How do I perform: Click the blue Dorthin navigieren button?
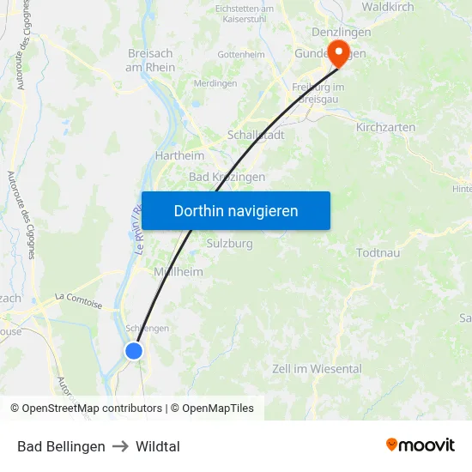pyautogui.click(x=236, y=210)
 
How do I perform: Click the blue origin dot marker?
pyautogui.click(x=133, y=350)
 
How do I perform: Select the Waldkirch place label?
pyautogui.click(x=387, y=8)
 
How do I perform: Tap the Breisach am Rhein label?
pyautogui.click(x=150, y=60)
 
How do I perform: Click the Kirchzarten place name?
pyautogui.click(x=385, y=127)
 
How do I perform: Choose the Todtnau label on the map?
pyautogui.click(x=378, y=252)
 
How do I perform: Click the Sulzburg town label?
pyautogui.click(x=229, y=244)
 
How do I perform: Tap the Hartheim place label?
pyautogui.click(x=179, y=155)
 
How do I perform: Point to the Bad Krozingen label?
pyautogui.click(x=227, y=177)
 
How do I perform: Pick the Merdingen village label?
pyautogui.click(x=215, y=83)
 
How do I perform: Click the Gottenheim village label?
pyautogui.click(x=241, y=54)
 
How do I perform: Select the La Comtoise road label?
pyautogui.click(x=78, y=300)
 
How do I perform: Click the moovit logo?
pyautogui.click(x=421, y=445)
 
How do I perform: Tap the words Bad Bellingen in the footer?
pyautogui.click(x=61, y=446)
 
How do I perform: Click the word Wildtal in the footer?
pyautogui.click(x=158, y=446)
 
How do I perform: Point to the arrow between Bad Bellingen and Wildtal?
pyautogui.click(x=120, y=446)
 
